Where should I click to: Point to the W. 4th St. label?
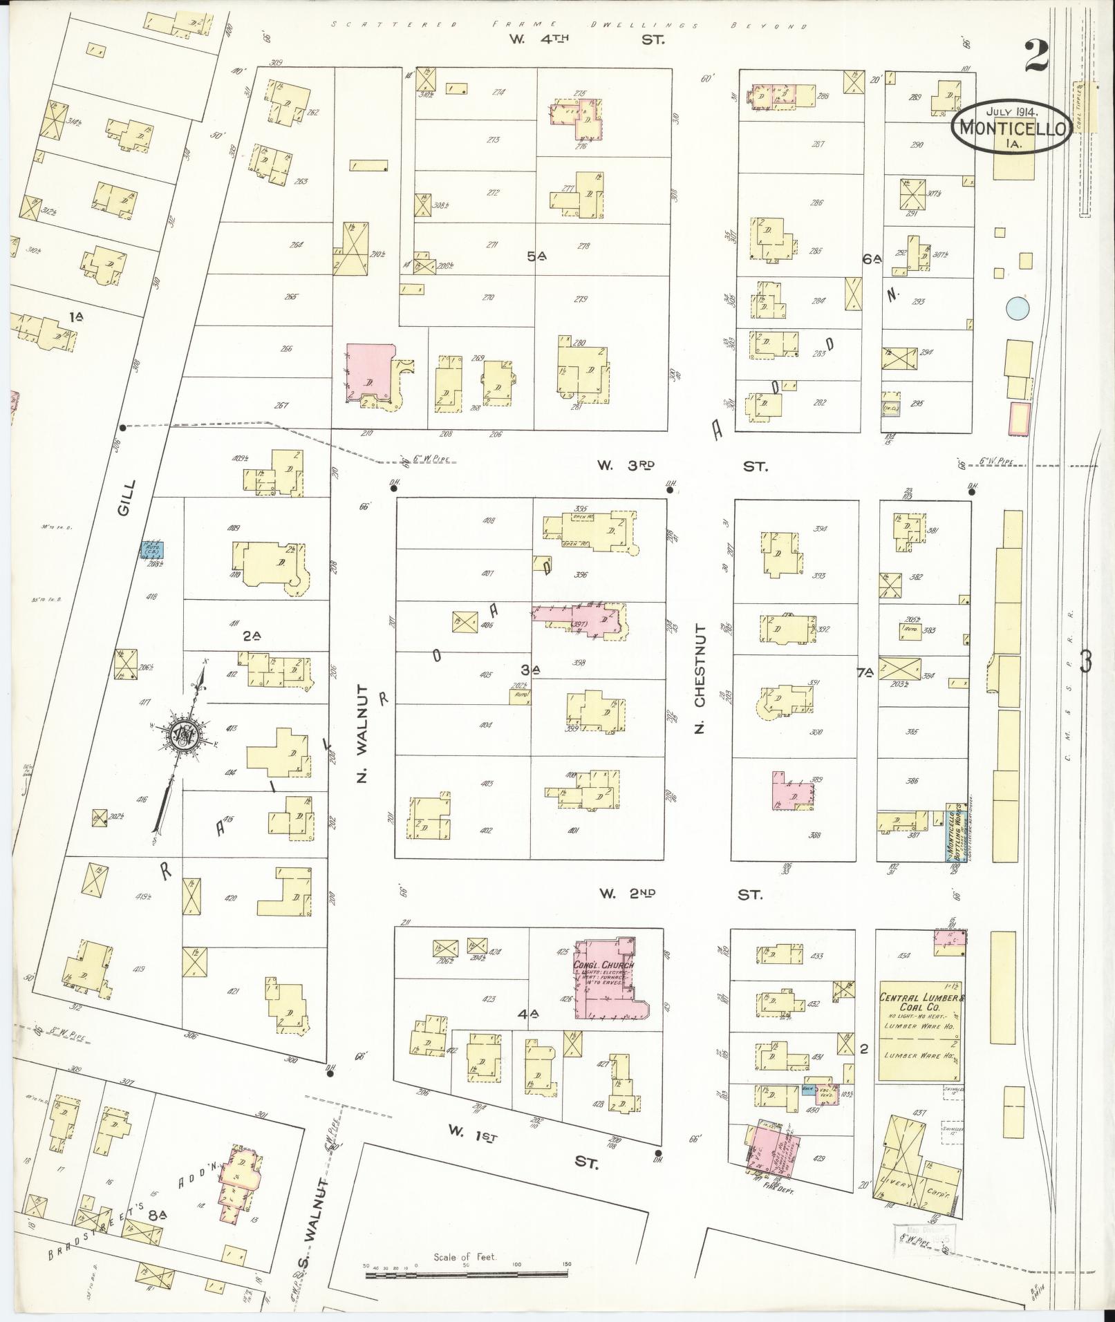(x=588, y=39)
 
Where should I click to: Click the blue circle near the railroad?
(x=1017, y=308)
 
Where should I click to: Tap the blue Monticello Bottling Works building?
(x=955, y=831)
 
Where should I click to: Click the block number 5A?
(x=536, y=256)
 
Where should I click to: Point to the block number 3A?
(x=531, y=669)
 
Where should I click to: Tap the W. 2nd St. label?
(x=680, y=894)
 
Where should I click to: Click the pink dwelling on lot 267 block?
(x=368, y=373)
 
